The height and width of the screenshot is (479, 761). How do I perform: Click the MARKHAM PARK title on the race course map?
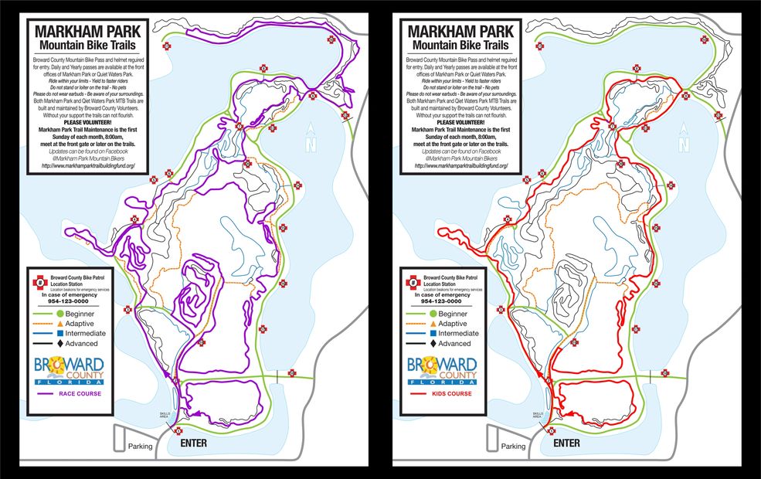pos(86,32)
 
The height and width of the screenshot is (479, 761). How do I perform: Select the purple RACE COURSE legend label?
pos(80,394)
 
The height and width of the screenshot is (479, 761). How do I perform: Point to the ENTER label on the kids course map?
pos(566,443)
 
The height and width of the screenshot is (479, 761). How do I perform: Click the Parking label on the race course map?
pos(140,446)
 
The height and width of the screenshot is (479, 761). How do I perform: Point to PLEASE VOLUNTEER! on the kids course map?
pos(457,123)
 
